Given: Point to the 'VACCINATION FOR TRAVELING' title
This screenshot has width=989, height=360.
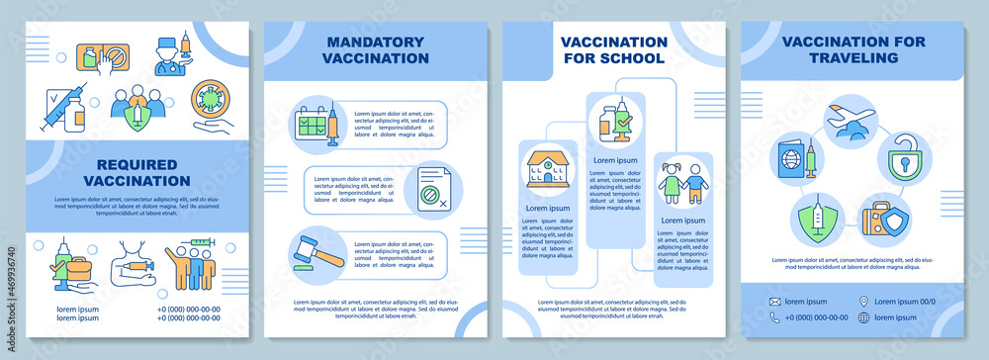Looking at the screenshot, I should tap(851, 49).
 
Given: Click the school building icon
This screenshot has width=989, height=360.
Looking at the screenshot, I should tap(546, 168).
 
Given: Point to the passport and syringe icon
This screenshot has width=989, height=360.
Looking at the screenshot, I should tap(798, 156).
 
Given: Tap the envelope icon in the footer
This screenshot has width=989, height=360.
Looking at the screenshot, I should tap(774, 301).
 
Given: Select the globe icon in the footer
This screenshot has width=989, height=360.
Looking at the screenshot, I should tap(864, 317).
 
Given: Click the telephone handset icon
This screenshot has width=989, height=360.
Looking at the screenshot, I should tap(774, 317).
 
